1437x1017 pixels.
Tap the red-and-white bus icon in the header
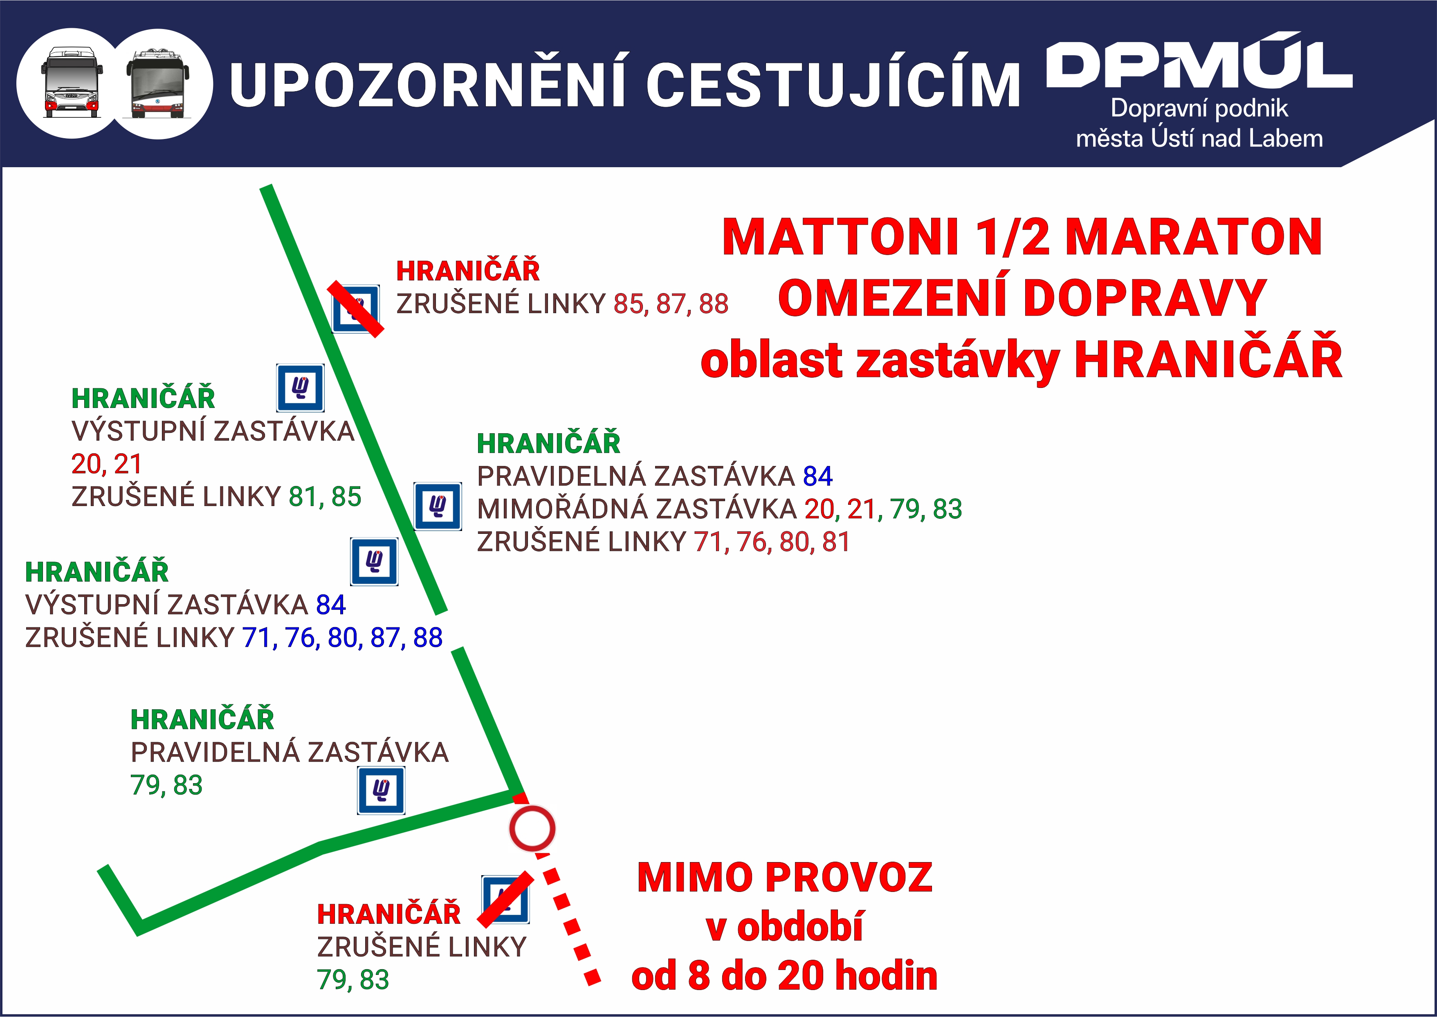click(x=72, y=83)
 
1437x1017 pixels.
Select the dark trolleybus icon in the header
click(x=157, y=84)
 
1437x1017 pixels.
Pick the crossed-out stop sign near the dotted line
click(x=505, y=899)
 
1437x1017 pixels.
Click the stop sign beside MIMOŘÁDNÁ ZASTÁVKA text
click(x=438, y=506)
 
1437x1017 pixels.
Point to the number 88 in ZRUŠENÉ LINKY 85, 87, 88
click(x=714, y=304)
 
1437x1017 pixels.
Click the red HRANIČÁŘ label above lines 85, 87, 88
click(x=468, y=271)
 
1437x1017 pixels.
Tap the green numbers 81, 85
click(x=324, y=497)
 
